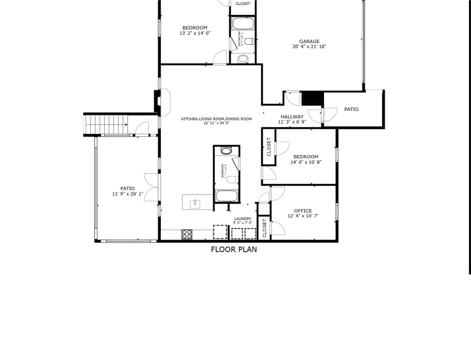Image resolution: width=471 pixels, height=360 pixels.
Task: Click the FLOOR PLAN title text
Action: pyautogui.click(x=234, y=249)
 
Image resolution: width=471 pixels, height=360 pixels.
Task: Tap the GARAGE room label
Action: pyautogui.click(x=309, y=41)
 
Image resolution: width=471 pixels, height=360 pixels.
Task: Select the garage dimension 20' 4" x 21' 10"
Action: pyautogui.click(x=312, y=47)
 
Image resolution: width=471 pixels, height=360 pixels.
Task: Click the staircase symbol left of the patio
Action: pyautogui.click(x=105, y=124)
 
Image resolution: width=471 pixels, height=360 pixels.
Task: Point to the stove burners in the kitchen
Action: pyautogui.click(x=187, y=235)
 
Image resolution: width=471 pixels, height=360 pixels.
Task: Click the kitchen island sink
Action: pyautogui.click(x=195, y=203)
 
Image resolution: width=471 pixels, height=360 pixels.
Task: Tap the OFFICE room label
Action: pyautogui.click(x=303, y=211)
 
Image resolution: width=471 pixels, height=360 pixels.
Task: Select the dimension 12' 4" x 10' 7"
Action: pyautogui.click(x=303, y=216)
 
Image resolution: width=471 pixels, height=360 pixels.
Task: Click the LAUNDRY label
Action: pyautogui.click(x=242, y=219)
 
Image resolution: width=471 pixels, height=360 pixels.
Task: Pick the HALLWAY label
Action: pyautogui.click(x=292, y=117)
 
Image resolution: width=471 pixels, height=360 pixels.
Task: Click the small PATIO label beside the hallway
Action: pyautogui.click(x=351, y=110)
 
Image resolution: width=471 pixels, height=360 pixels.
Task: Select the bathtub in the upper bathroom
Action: pyautogui.click(x=242, y=23)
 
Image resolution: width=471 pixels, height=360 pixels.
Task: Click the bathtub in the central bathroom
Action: pyautogui.click(x=226, y=196)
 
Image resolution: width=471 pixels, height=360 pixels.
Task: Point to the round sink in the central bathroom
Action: pyautogui.click(x=226, y=151)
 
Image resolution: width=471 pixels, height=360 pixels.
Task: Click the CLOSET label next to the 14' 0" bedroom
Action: pyautogui.click(x=268, y=146)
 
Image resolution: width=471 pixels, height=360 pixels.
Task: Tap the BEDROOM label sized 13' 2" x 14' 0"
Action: pyautogui.click(x=195, y=28)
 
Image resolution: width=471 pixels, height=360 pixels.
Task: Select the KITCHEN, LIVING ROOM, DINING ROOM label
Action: pyautogui.click(x=216, y=119)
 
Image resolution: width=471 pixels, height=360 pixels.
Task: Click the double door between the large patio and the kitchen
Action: pyautogui.click(x=152, y=187)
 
